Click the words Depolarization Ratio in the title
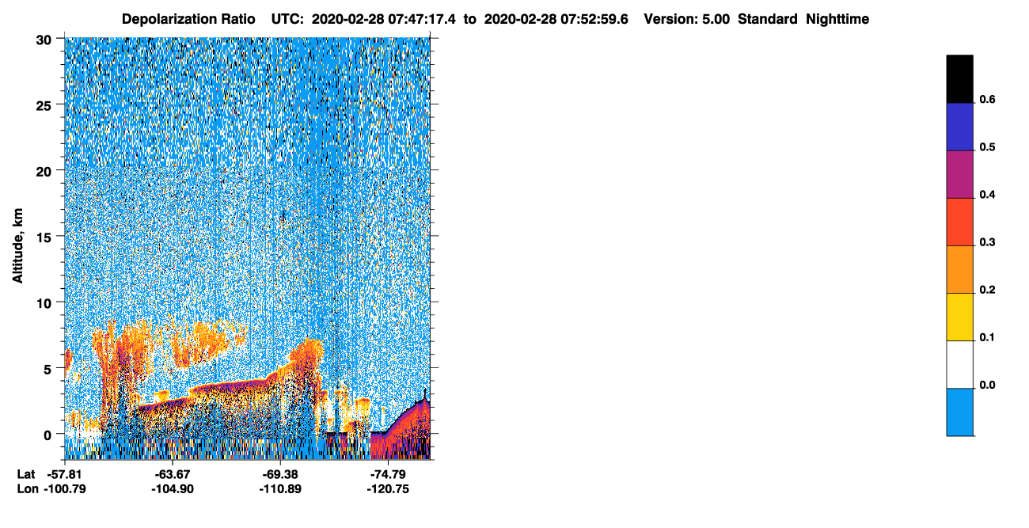point(188,19)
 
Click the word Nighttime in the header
point(837,19)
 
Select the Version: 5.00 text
point(687,19)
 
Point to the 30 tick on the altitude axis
point(44,40)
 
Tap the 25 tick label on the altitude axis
point(44,106)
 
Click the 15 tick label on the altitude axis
point(44,238)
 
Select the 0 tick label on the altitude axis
point(47,435)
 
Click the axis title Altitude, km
point(17,246)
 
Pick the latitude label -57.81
point(65,475)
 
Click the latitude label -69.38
point(280,475)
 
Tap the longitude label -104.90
point(173,489)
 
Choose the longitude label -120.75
point(388,489)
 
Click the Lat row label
point(26,475)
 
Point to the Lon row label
point(28,489)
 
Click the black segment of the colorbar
point(959,79)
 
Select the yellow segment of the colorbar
point(959,317)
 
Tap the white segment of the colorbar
point(959,365)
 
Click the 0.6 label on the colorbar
point(988,99)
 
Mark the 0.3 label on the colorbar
point(988,242)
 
